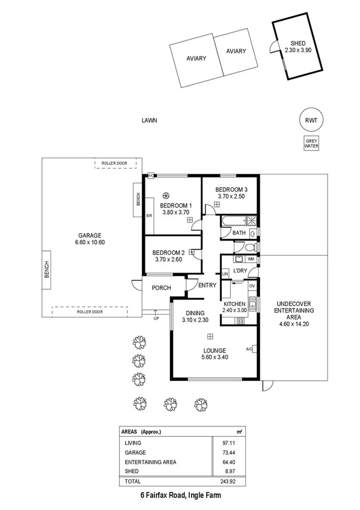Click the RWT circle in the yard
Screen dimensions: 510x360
tap(311, 120)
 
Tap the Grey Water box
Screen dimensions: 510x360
tap(311, 143)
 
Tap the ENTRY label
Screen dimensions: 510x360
tap(207, 285)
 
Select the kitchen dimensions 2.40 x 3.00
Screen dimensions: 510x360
tap(234, 311)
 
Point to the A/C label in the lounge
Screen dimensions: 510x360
tap(248, 348)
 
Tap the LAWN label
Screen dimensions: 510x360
tap(149, 120)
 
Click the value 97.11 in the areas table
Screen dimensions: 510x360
tap(223, 442)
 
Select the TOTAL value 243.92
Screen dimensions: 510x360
tap(223, 482)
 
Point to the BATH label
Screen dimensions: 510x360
tap(239, 233)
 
